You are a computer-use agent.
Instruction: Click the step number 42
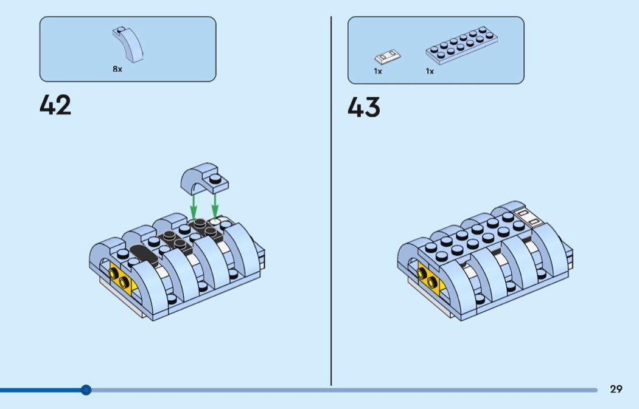55,105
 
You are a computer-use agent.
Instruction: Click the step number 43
363,107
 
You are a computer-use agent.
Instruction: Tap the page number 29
616,389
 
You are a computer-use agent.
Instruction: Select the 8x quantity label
117,69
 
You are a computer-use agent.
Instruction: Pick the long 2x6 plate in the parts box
462,45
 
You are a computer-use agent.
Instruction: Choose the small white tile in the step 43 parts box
387,57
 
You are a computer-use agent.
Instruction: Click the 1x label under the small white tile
378,71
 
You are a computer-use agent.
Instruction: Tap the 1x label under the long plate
430,71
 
